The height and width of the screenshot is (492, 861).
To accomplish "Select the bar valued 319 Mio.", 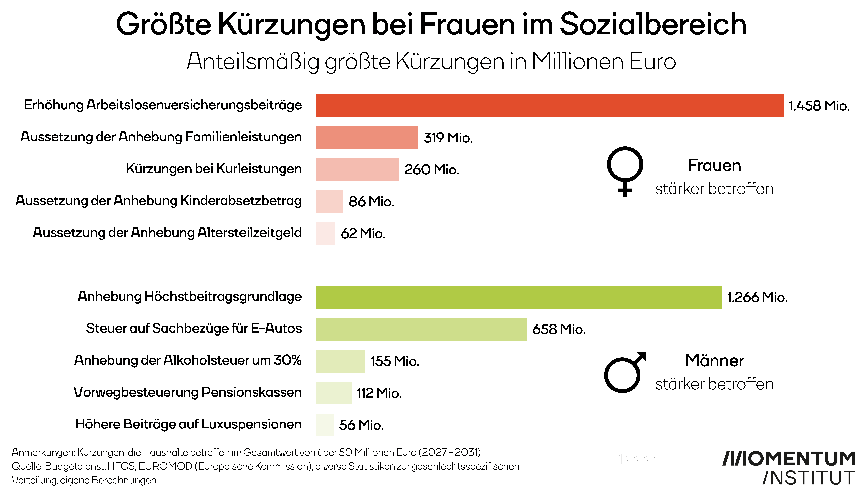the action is (x=367, y=138).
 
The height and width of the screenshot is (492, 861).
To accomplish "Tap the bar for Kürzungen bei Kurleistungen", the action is (x=357, y=170).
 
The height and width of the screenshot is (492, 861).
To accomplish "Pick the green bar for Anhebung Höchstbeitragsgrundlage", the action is (x=519, y=297).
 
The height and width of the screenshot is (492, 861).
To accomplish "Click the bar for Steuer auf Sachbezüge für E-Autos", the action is (x=421, y=329).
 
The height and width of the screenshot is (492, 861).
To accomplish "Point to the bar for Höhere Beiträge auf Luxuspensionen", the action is (x=324, y=425).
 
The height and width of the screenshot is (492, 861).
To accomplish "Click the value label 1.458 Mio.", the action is (x=819, y=106).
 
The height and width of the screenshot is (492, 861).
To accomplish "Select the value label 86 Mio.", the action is (x=371, y=202).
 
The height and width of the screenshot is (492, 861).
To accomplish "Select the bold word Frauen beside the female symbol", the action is (x=714, y=166).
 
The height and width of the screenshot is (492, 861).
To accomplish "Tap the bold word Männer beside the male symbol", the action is (x=714, y=361).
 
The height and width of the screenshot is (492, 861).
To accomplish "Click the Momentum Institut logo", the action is (x=789, y=468).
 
